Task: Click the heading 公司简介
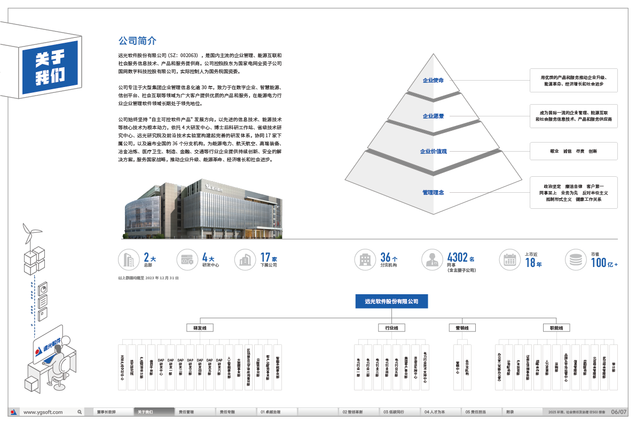[137, 41]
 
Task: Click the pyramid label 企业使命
[433, 81]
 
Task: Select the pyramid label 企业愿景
[433, 116]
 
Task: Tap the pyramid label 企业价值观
[433, 152]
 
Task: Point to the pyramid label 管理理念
[433, 192]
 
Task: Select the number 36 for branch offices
[386, 257]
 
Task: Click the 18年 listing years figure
[533, 263]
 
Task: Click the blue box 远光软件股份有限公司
[391, 302]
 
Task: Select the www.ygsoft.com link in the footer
[43, 412]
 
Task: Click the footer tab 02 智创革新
[352, 412]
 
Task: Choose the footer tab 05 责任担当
[475, 412]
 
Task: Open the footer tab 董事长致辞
[107, 412]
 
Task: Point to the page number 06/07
[619, 412]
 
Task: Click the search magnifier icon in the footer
[80, 412]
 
